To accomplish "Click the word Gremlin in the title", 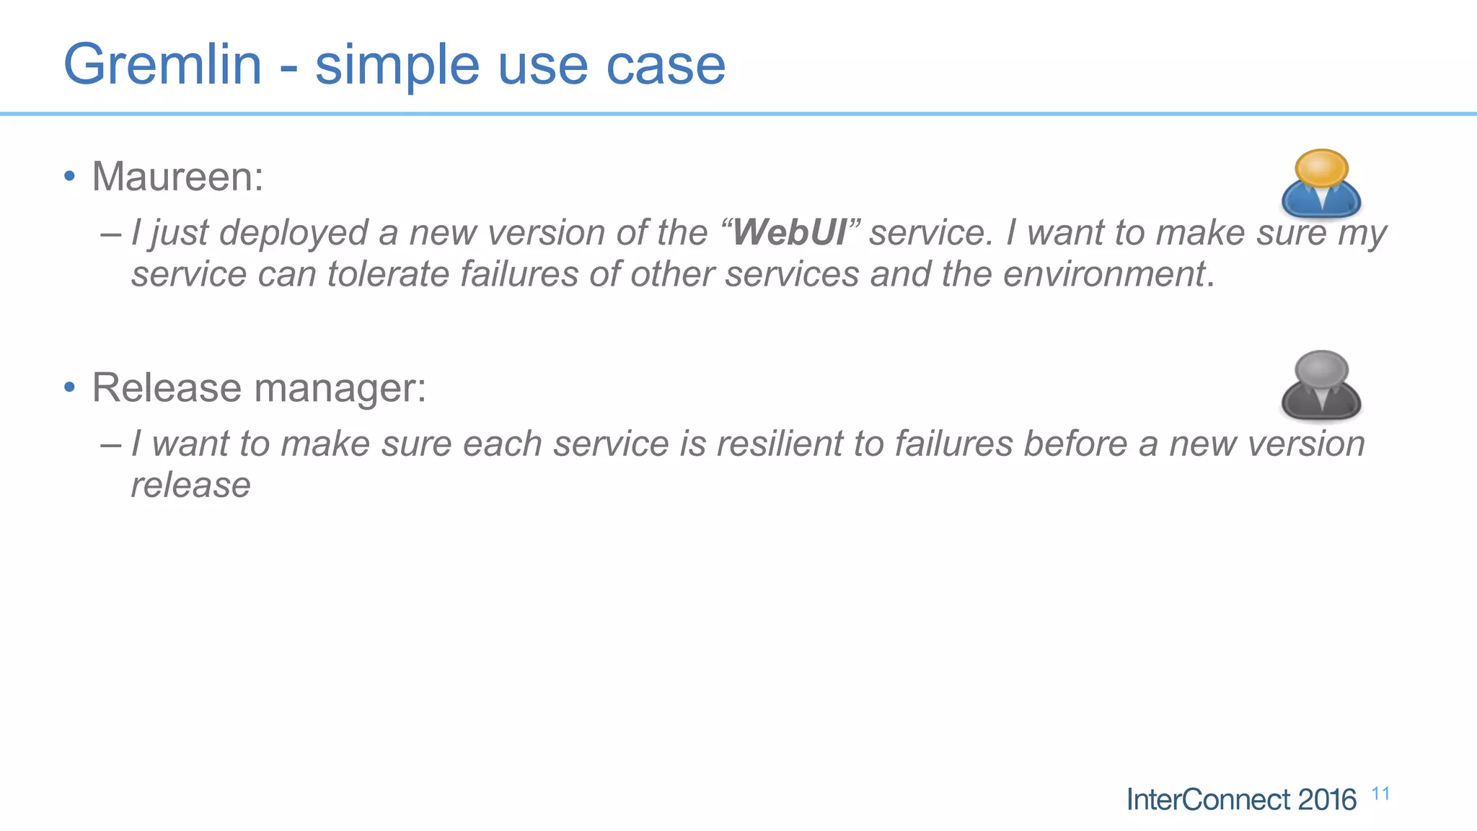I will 162,65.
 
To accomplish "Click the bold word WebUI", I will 790,233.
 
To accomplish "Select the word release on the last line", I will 190,485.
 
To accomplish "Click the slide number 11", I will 1380,794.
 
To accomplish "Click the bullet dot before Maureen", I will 69,177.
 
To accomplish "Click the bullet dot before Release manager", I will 69,388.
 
